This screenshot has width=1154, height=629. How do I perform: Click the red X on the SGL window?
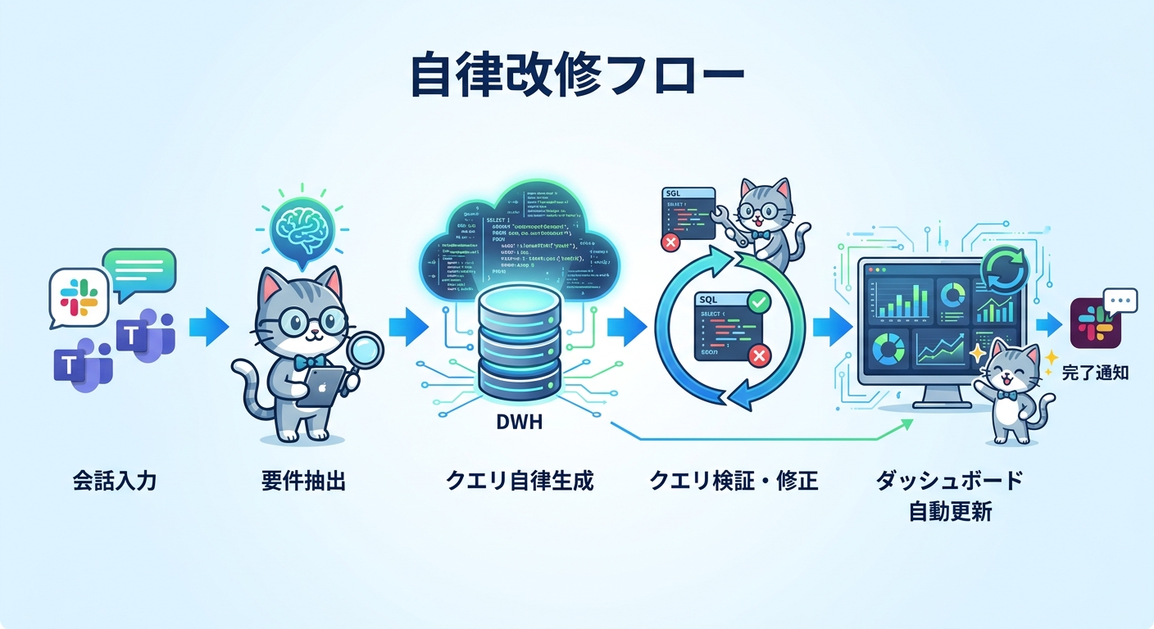(671, 242)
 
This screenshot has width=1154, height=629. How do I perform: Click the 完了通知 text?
(1095, 373)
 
